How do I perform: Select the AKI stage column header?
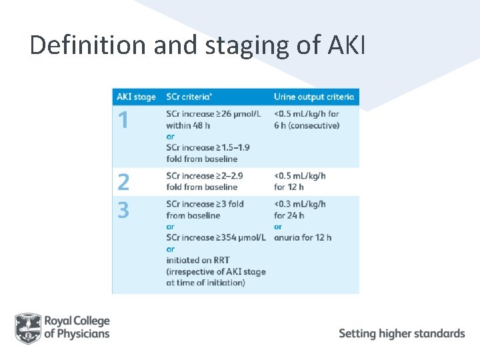point(136,97)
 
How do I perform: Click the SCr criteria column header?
point(194,97)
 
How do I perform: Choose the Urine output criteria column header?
point(314,97)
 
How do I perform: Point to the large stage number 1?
point(123,121)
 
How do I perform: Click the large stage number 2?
point(123,181)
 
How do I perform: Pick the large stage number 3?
point(123,210)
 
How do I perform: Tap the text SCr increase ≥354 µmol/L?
point(216,237)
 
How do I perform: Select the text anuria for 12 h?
point(303,237)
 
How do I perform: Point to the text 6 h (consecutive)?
point(307,125)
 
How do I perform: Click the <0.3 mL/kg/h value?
point(300,204)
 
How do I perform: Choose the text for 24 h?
point(289,215)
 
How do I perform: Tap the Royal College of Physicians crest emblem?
point(28,327)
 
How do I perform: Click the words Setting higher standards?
point(402,333)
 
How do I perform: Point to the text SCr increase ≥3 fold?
point(205,204)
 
